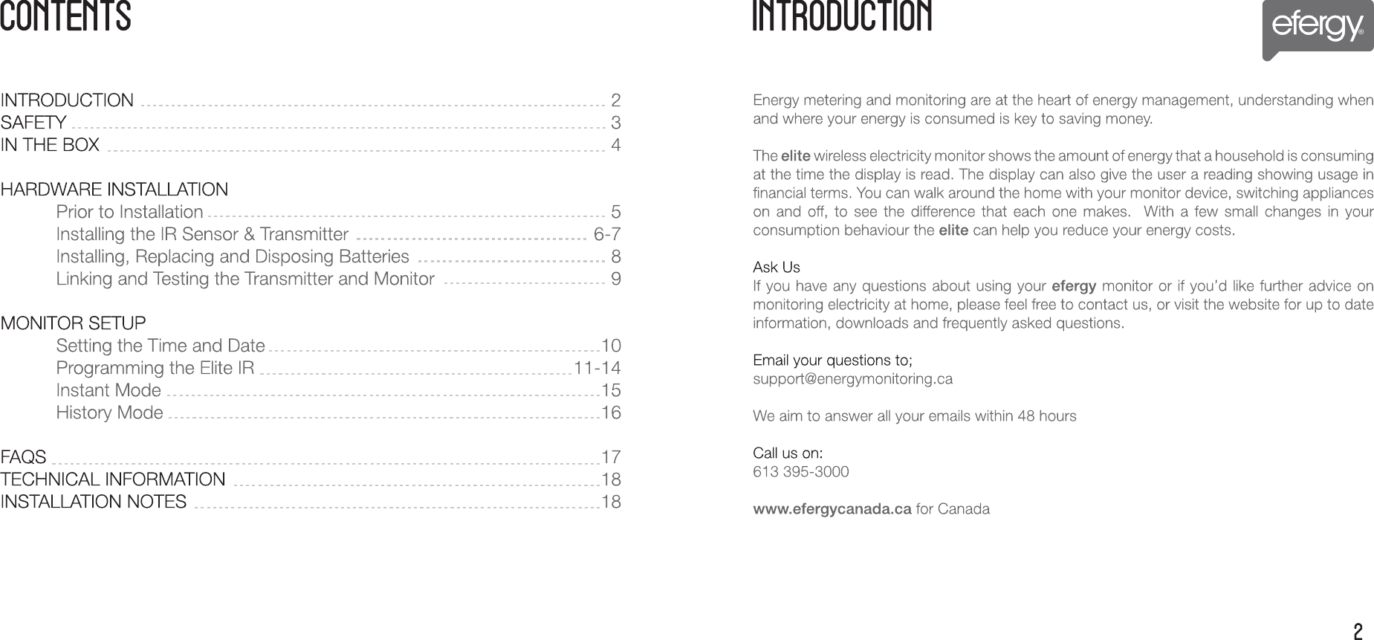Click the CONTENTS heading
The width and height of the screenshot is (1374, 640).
[x=65, y=16]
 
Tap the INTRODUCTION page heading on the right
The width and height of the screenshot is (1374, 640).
[x=842, y=16]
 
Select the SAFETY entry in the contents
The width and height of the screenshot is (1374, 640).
[x=33, y=122]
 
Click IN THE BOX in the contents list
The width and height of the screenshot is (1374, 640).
[x=50, y=144]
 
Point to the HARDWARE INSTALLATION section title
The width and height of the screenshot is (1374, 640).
[x=114, y=190]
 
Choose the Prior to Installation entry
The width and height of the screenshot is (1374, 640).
[x=129, y=212]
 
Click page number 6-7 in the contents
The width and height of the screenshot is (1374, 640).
[x=607, y=234]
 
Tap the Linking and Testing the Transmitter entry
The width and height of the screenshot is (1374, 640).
[x=245, y=279]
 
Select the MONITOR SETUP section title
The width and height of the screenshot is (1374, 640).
[x=73, y=323]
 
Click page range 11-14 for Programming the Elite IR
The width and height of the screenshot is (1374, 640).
[x=597, y=368]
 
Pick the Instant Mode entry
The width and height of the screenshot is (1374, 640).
[x=108, y=390]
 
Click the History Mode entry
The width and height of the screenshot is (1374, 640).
[x=109, y=413]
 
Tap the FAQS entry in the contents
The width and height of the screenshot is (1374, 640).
[x=23, y=456]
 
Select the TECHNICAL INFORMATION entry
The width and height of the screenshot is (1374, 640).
[x=113, y=479]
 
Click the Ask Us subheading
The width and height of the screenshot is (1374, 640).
[x=777, y=267]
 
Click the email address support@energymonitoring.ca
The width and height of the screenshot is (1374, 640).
[x=852, y=379]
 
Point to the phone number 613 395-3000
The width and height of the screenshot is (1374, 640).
[x=800, y=472]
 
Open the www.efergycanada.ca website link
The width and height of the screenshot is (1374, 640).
[x=832, y=509]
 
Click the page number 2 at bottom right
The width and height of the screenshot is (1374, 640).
[x=1358, y=632]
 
